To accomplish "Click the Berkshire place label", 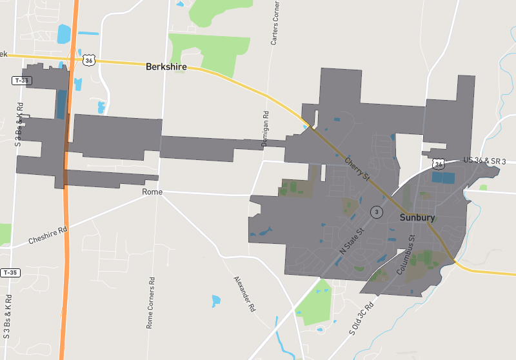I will tap(166, 66).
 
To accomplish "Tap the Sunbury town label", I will tap(417, 217).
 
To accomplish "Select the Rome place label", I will tap(152, 192).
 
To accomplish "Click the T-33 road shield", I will tap(21, 81).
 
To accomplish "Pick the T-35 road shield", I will tap(10, 273).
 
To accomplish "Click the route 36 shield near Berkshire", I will tap(88, 60).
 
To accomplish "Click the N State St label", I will tap(352, 240).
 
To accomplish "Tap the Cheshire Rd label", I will tap(48, 235).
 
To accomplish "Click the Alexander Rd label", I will tap(244, 294).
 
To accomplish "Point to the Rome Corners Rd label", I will tap(150, 303).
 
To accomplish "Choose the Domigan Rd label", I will tap(264, 130).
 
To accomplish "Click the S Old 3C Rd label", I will tap(361, 319).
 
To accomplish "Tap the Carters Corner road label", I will tap(275, 22).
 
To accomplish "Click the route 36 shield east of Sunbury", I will tap(439, 164).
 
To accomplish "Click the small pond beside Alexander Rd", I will tap(216, 300).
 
